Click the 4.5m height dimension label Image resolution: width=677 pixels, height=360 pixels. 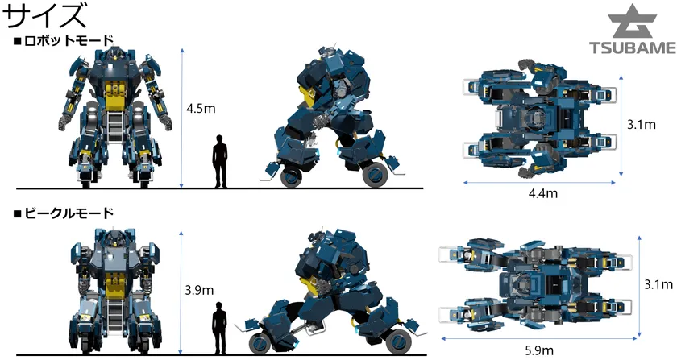201,108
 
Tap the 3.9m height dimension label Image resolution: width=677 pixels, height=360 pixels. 199,290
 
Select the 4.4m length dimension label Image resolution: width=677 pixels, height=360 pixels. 542,193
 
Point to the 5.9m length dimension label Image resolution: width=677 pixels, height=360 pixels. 539,350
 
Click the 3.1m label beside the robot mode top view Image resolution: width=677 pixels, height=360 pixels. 642,125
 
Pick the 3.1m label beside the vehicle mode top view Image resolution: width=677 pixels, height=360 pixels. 658,284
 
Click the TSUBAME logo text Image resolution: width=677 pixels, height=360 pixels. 633,48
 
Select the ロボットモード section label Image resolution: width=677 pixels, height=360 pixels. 64,41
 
